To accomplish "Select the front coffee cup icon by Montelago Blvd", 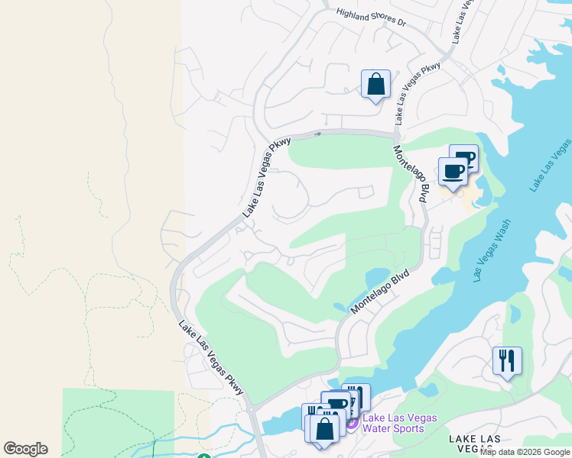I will click(453, 171).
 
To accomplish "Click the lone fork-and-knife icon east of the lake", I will click(506, 360).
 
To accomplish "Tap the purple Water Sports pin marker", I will click(352, 422).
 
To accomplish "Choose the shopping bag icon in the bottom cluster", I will click(325, 428).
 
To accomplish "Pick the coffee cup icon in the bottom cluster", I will click(336, 405).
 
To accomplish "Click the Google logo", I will click(25, 449).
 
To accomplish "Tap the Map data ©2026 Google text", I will click(525, 453).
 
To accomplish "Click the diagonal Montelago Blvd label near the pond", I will click(380, 291).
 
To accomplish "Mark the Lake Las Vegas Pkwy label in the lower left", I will click(211, 358).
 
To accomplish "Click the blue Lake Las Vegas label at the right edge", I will click(550, 164).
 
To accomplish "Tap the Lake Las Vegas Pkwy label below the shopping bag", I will click(418, 93).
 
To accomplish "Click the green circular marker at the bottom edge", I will click(203, 456).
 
